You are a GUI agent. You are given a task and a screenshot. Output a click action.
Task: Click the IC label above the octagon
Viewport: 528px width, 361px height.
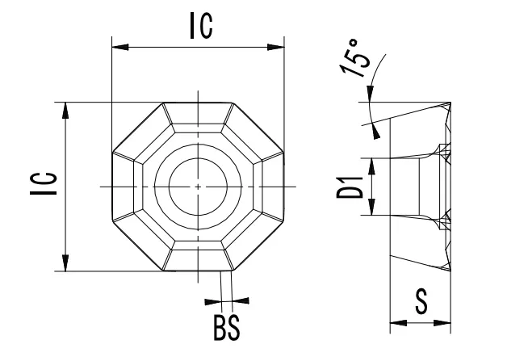(x=200, y=26)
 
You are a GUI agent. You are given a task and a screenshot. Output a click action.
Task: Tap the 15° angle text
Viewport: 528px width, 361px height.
(x=356, y=61)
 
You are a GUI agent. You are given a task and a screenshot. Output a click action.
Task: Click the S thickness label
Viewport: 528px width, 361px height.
(x=421, y=303)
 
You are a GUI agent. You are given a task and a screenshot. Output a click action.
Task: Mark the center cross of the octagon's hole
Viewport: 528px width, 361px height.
(x=199, y=187)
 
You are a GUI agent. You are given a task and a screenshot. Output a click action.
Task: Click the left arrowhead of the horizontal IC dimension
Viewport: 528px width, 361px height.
(x=118, y=48)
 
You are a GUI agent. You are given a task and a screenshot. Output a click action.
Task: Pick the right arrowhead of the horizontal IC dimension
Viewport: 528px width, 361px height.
(x=279, y=48)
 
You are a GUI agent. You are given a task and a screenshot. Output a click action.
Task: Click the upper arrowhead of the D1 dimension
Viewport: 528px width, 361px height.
(x=372, y=164)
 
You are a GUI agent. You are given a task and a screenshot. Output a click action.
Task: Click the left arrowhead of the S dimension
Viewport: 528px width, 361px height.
(x=396, y=324)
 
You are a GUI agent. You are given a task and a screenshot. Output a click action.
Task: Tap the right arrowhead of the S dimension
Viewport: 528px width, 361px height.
(x=446, y=324)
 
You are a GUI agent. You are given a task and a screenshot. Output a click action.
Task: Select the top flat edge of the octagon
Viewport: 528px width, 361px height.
(x=199, y=103)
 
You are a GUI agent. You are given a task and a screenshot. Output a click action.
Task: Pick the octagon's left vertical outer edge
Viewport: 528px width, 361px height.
(x=111, y=187)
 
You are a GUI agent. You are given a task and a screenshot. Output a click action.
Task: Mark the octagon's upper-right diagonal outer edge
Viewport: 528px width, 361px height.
(x=260, y=127)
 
